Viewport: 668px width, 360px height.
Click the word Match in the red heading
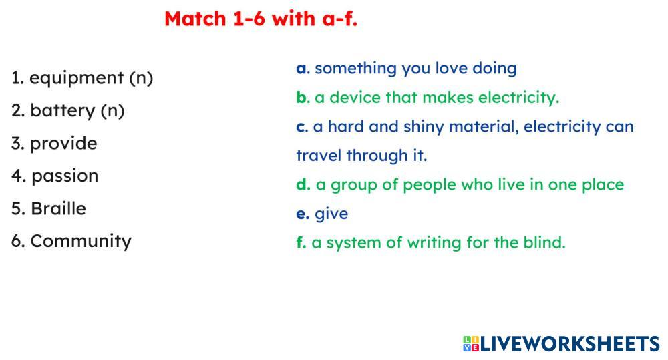click(195, 19)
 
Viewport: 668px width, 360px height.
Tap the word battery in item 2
click(63, 111)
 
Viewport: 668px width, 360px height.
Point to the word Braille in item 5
click(58, 209)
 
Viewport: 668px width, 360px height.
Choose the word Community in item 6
click(81, 242)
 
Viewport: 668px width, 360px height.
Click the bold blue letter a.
click(301, 69)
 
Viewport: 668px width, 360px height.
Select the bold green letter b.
click(301, 97)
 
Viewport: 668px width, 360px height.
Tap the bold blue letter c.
click(301, 127)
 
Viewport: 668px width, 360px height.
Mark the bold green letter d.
click(302, 184)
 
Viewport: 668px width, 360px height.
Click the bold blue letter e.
click(301, 214)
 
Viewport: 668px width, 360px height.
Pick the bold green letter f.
click(300, 242)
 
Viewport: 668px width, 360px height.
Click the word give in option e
click(331, 214)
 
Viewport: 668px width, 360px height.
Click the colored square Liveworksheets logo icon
click(471, 344)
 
